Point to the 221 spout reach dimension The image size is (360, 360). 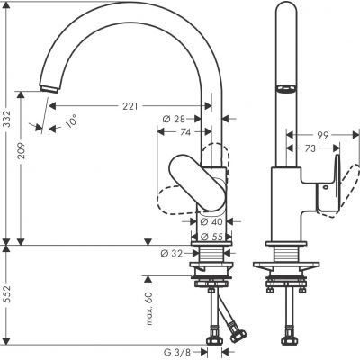132,107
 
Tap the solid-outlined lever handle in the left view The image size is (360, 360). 193,180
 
